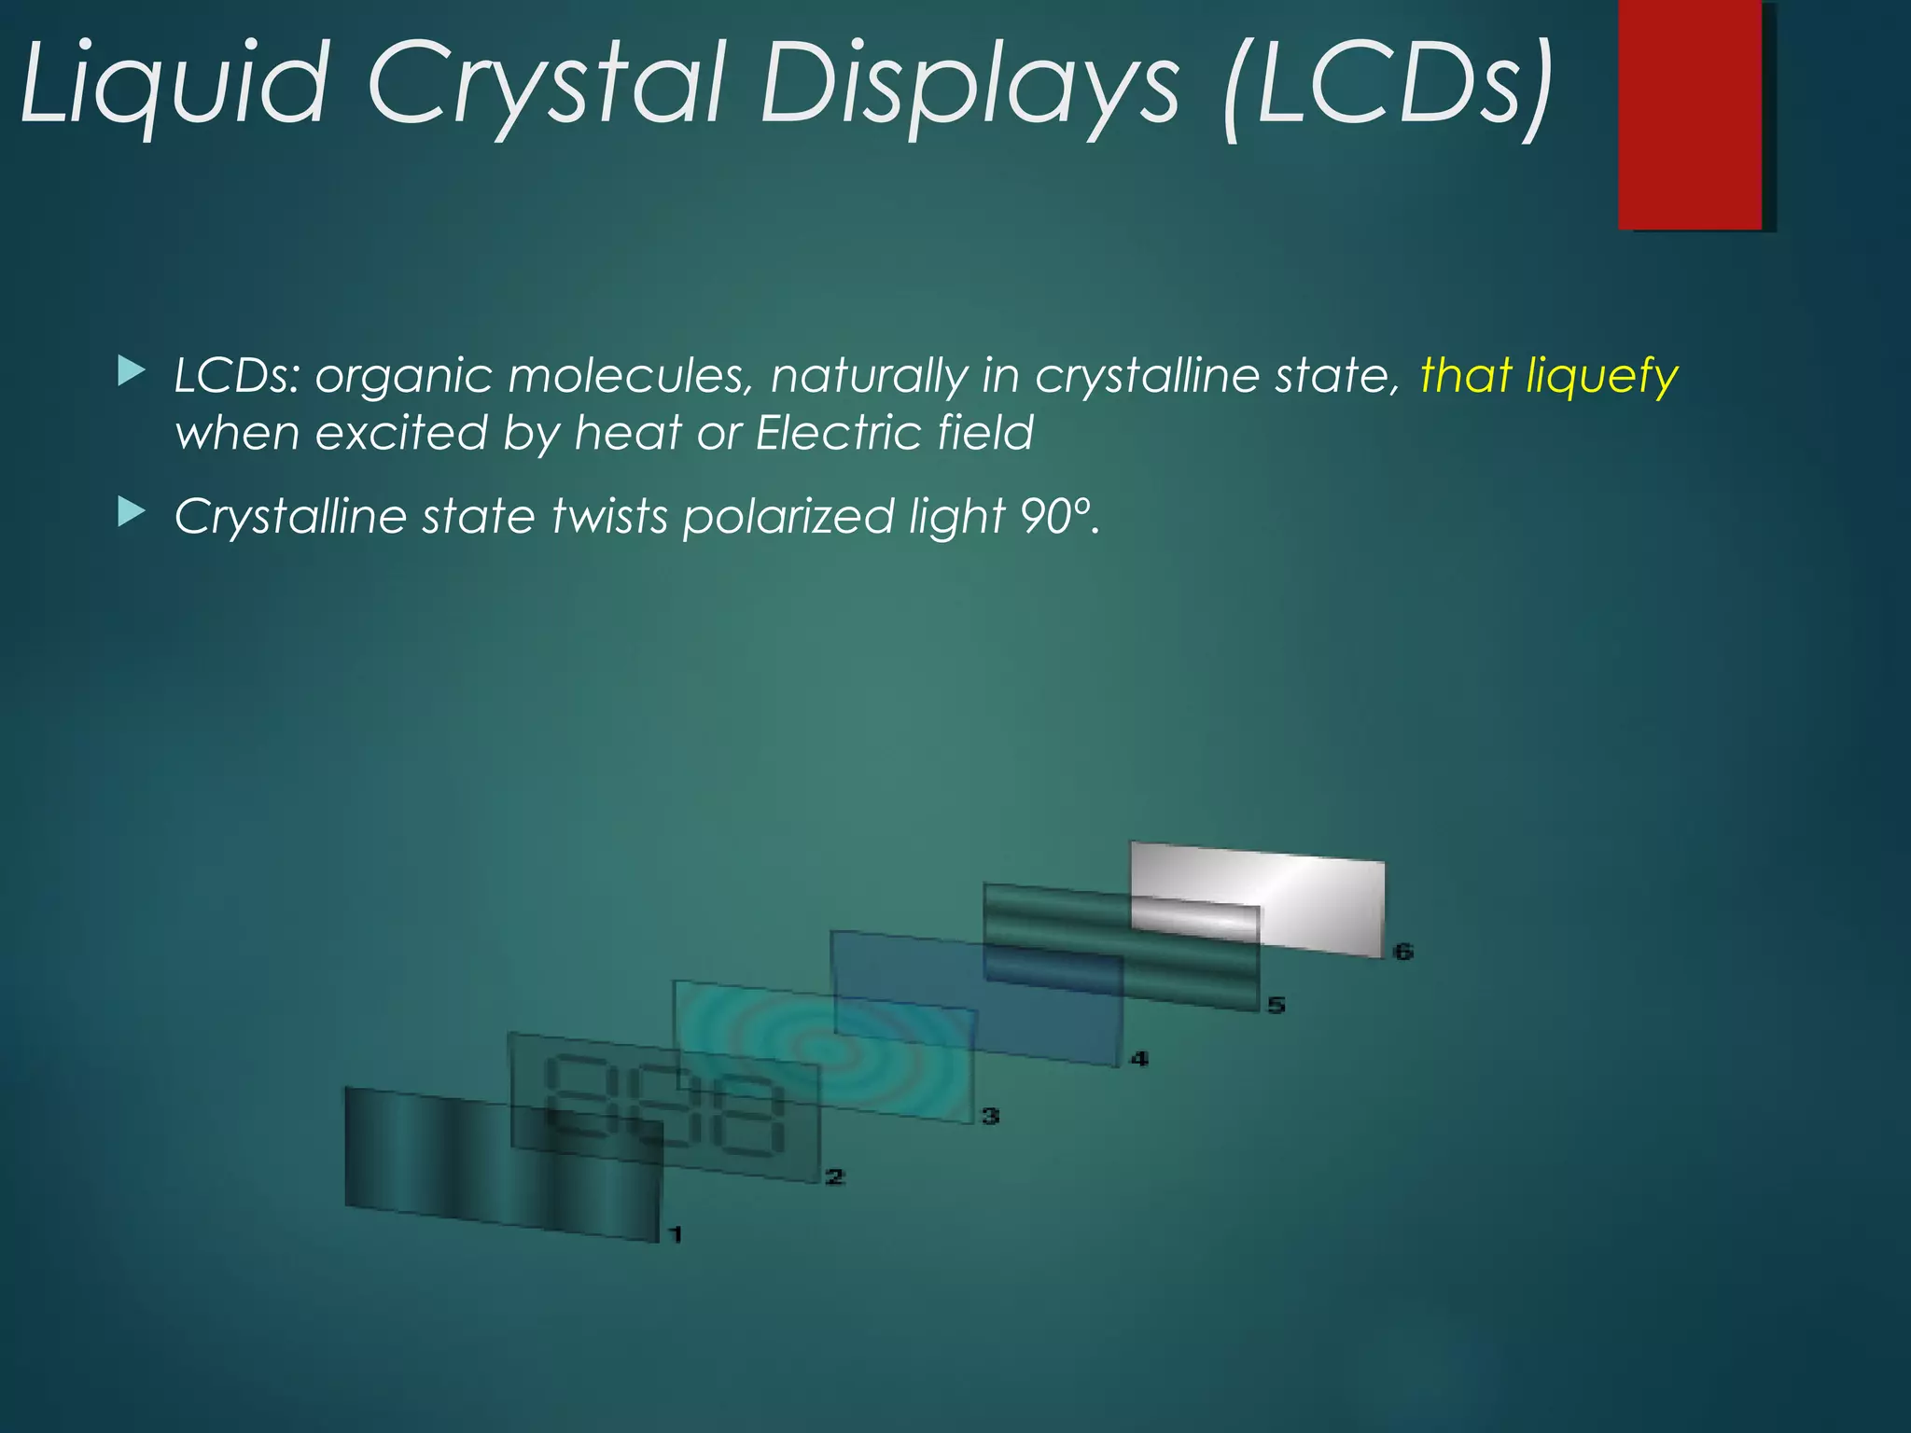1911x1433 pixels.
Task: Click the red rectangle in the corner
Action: point(1690,114)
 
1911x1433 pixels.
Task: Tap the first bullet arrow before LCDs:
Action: point(132,372)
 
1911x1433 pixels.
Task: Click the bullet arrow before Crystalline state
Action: point(132,512)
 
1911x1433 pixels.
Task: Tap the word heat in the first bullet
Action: point(628,433)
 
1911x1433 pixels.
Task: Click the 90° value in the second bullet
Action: point(1055,516)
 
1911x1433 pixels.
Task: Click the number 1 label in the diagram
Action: point(676,1234)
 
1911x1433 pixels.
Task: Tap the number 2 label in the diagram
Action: point(834,1176)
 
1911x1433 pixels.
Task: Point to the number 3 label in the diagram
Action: point(990,1115)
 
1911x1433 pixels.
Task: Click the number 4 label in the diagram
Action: point(1138,1059)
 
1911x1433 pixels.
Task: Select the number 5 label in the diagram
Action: point(1276,1005)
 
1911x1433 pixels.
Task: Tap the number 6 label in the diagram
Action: point(1402,952)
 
